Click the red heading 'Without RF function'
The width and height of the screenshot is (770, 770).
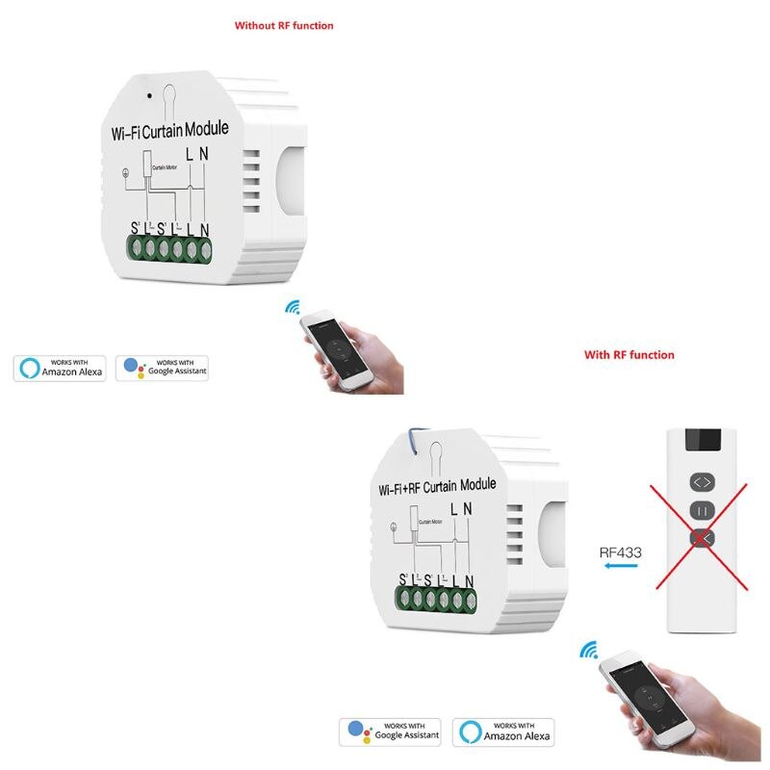pos(284,26)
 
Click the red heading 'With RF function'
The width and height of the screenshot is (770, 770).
pos(629,355)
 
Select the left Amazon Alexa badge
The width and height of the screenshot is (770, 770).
pos(60,368)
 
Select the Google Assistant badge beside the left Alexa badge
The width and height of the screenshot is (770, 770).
pos(163,368)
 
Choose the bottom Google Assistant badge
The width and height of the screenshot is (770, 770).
pos(390,731)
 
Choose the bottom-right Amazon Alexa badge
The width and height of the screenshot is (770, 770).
pos(503,731)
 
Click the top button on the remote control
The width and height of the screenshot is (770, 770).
pos(701,481)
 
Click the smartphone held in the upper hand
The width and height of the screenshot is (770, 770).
pos(329,351)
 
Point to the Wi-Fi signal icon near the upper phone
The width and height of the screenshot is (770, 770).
pos(292,307)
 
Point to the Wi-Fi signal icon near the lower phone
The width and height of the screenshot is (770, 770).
pos(588,652)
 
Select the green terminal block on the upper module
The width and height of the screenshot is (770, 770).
pos(171,249)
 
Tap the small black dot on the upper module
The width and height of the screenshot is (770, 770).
pos(148,96)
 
